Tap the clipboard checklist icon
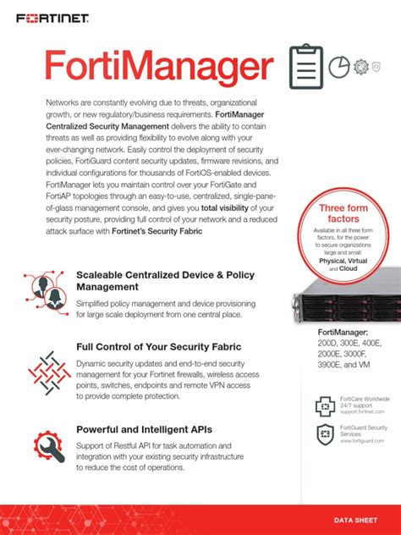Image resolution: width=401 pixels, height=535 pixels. tap(305, 66)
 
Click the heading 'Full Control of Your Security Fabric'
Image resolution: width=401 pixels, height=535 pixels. tap(158, 347)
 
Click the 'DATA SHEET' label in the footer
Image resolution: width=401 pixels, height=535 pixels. tap(355, 519)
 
